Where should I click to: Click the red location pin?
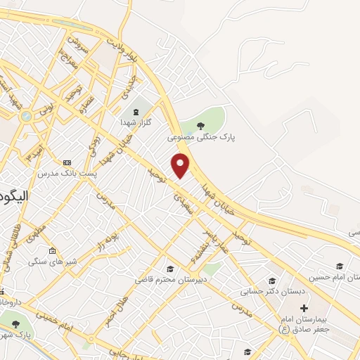[181, 165]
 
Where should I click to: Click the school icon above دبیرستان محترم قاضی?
[169, 269]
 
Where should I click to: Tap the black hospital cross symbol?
[304, 308]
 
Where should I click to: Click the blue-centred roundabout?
[26, 116]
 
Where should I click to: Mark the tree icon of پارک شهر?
[15, 324]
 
